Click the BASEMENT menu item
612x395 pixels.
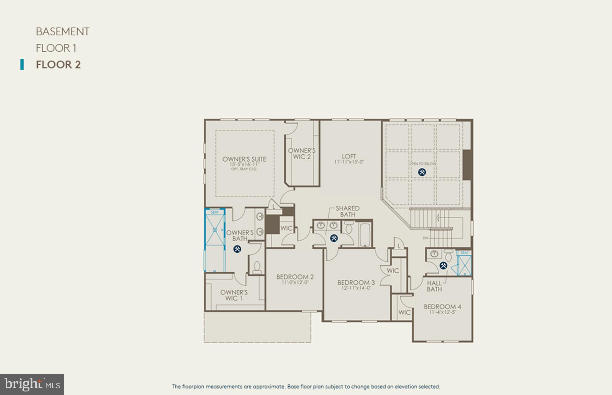(62, 32)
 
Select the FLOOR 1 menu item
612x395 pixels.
(56, 48)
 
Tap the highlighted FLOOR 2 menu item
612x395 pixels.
(58, 65)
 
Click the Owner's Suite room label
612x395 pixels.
(244, 159)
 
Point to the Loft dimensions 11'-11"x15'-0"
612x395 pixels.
(349, 162)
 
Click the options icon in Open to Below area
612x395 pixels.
(422, 172)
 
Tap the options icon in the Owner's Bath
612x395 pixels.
(237, 249)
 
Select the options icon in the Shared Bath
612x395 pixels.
(334, 238)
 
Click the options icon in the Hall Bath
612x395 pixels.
(443, 265)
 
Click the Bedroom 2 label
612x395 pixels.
(295, 277)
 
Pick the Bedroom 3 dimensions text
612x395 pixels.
(356, 288)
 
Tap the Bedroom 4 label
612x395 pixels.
(442, 307)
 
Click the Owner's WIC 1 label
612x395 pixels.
(234, 295)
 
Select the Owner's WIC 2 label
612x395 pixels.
(302, 153)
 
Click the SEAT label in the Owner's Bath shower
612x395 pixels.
(215, 212)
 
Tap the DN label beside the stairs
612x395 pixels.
(425, 238)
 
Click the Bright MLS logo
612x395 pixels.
(32, 384)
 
